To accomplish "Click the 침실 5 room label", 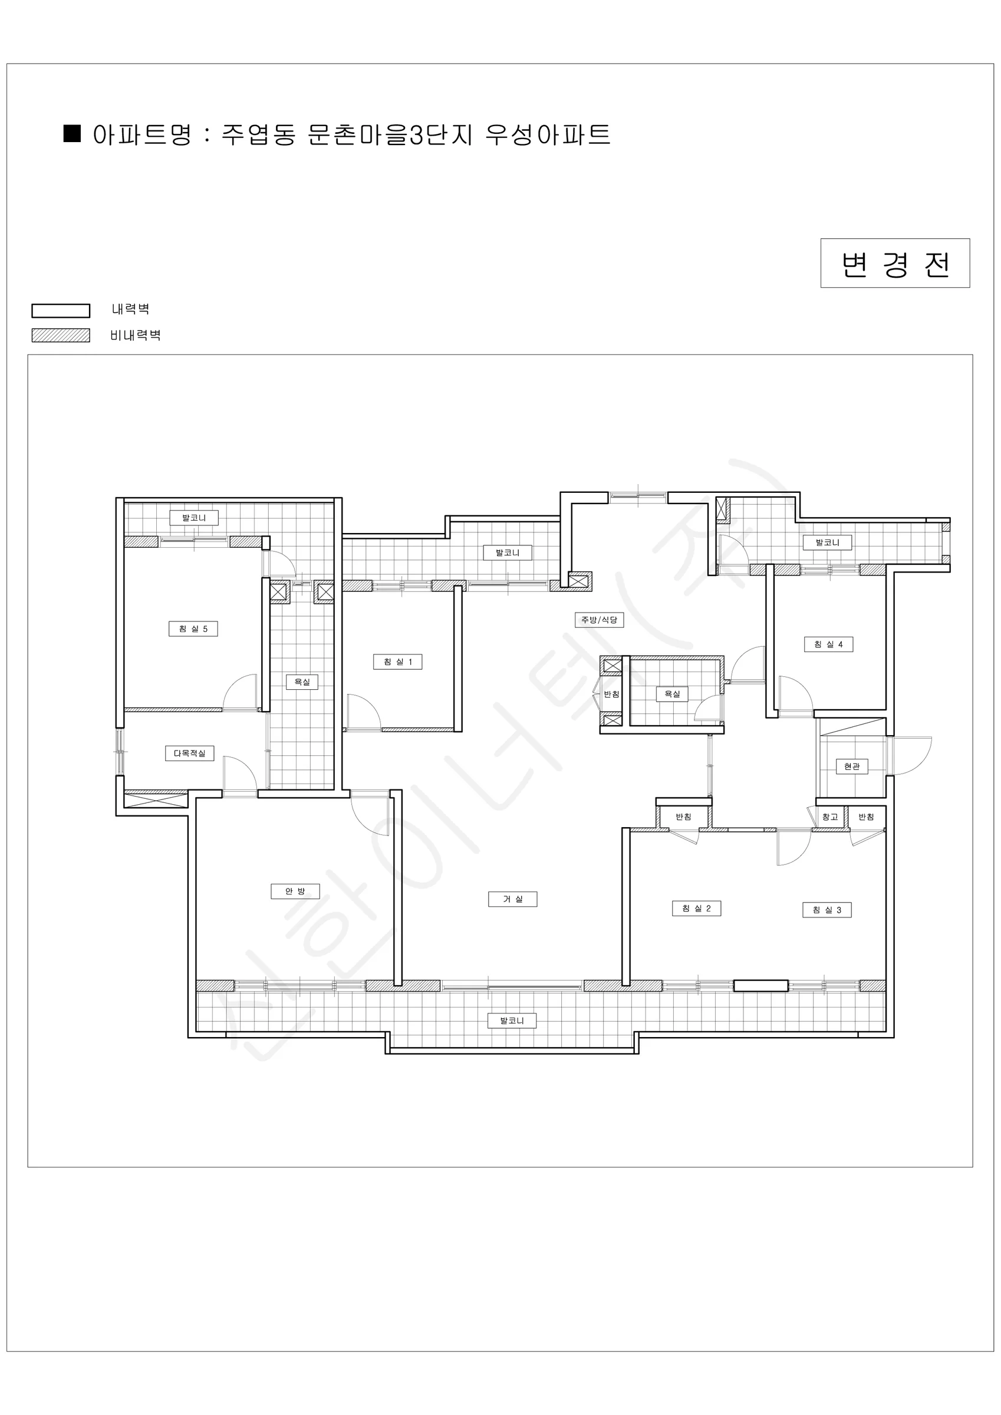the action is pos(193,628).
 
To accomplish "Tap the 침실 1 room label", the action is pos(397,662).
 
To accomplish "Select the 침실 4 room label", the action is pos(828,644).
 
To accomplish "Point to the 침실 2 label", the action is pos(696,909).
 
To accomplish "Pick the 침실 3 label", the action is pos(827,910).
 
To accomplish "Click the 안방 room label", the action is pos(295,891).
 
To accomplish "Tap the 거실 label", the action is pos(512,899).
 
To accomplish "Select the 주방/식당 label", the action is pos(599,620).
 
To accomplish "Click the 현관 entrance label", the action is pos(852,766).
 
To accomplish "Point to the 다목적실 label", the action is pos(189,753).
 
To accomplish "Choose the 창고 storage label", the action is pos(829,817).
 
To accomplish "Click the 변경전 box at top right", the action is pos(895,263).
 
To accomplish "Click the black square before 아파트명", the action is pos(72,134).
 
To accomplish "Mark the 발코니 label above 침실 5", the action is pos(194,518).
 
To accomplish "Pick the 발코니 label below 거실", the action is pos(512,1021).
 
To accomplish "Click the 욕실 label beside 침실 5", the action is pos(302,682).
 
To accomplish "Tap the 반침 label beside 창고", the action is pos(866,817).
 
